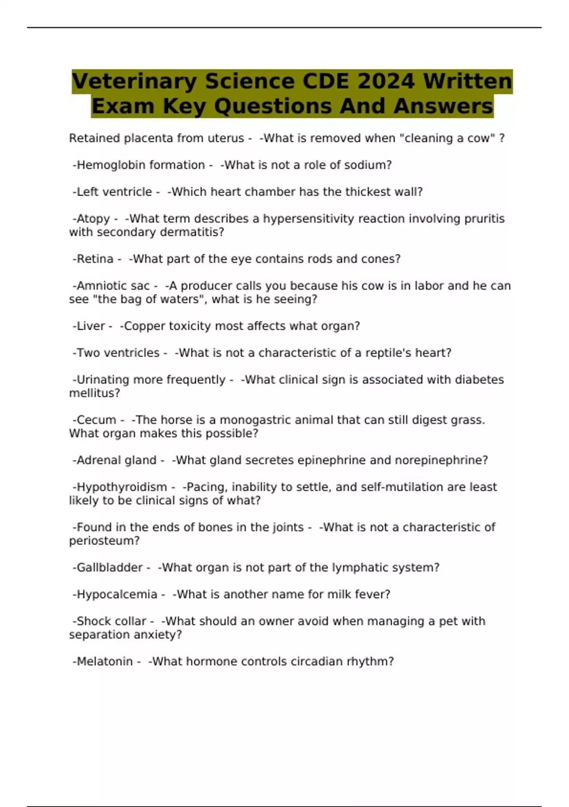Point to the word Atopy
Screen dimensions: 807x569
pyautogui.click(x=93, y=219)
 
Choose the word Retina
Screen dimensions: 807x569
pyautogui.click(x=95, y=259)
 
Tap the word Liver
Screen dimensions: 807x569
pyautogui.click(x=91, y=326)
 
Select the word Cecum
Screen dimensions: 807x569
pyautogui.click(x=96, y=420)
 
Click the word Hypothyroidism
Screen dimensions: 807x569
pyautogui.click(x=122, y=487)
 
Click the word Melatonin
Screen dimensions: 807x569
pyautogui.click(x=104, y=662)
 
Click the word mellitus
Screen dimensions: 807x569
pyautogui.click(x=94, y=393)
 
